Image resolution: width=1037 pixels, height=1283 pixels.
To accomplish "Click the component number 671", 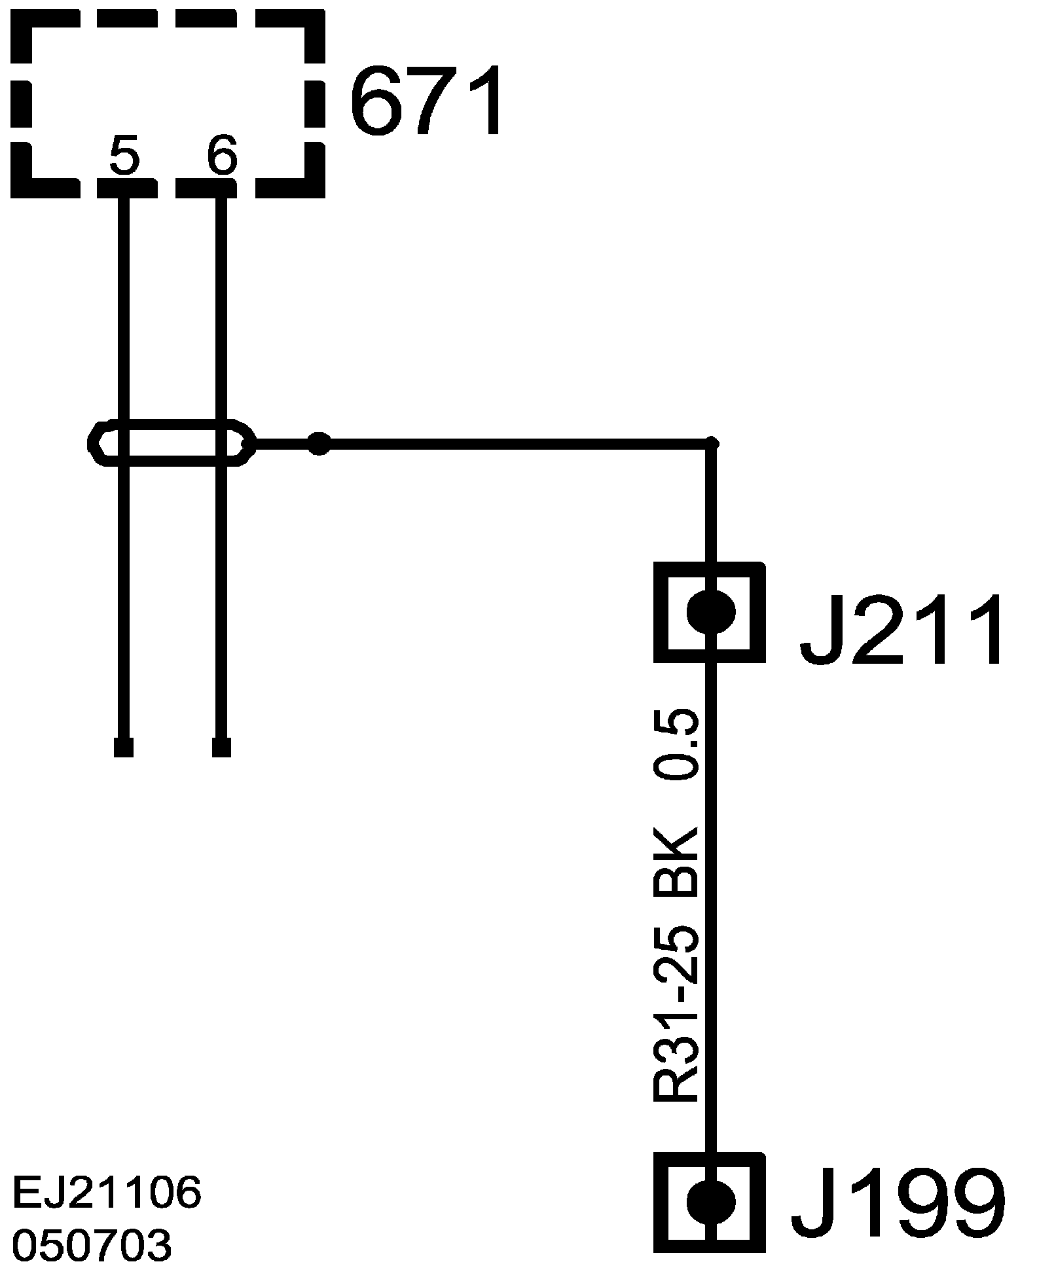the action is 429,101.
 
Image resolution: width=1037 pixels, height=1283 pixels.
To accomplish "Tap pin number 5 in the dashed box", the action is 124,156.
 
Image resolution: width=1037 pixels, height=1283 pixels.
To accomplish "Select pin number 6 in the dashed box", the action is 221,156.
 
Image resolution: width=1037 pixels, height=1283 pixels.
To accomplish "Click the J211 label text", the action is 901,630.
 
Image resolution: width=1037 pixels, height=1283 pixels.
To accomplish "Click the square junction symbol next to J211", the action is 710,612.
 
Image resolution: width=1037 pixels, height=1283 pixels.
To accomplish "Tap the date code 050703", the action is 92,1244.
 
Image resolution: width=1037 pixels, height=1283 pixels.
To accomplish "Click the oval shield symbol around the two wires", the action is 170,443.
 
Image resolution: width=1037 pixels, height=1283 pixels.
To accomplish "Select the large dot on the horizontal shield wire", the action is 319,443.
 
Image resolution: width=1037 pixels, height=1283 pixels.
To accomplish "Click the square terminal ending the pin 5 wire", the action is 124,747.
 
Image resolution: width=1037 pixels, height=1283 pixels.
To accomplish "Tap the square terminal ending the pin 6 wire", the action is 221,747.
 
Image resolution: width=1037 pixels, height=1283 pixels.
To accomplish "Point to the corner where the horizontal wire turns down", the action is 713,444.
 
